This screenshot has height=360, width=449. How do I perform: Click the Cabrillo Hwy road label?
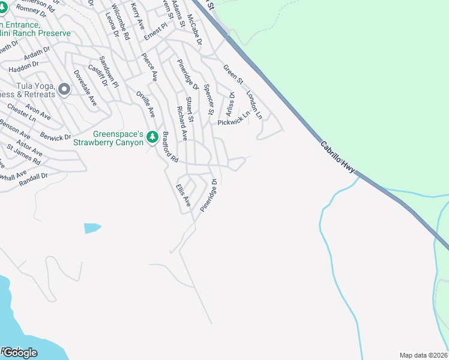click(339, 157)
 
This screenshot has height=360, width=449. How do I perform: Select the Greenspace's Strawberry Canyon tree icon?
click(152, 138)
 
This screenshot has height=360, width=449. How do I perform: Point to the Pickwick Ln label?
click(234, 121)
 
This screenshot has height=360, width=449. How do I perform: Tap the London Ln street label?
click(255, 104)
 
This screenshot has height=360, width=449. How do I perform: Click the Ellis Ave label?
click(182, 195)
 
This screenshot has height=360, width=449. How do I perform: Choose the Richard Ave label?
click(181, 124)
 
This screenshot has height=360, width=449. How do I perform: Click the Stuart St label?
click(190, 110)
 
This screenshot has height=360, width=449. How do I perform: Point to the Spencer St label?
click(208, 99)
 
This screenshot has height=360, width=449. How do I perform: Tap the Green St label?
click(233, 74)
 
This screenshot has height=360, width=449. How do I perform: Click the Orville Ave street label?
click(145, 103)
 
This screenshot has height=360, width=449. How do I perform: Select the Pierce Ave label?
click(149, 67)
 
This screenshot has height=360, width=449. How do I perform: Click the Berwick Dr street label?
click(56, 137)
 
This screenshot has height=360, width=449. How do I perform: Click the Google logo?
click(19, 352)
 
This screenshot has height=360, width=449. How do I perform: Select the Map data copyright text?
click(424, 355)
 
